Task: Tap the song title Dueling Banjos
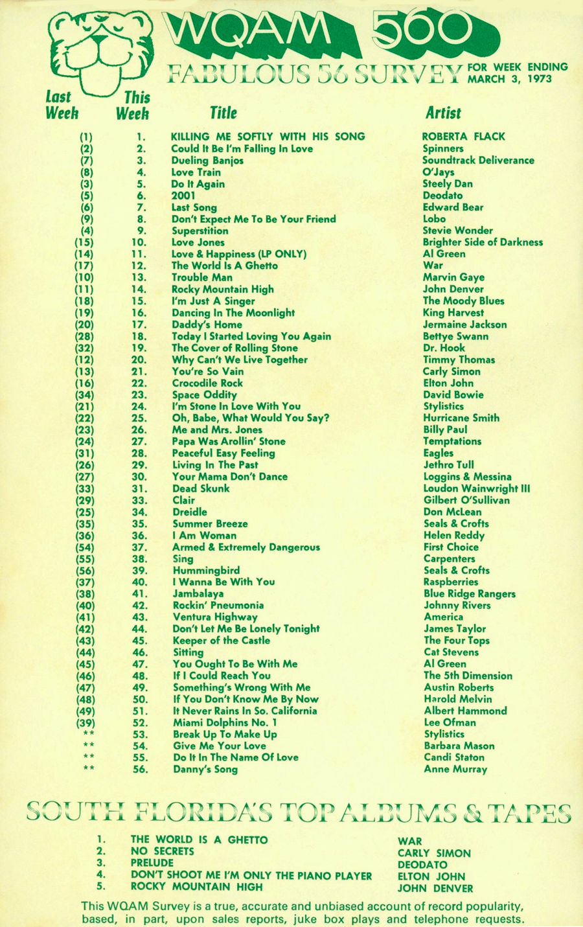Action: (207, 161)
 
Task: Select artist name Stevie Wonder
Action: (457, 231)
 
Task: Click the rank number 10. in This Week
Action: (139, 242)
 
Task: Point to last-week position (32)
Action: (84, 348)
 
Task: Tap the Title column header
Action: (223, 113)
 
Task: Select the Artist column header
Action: (443, 113)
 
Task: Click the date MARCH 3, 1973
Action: (509, 79)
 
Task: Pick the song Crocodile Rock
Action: (207, 383)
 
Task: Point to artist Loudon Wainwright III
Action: (476, 488)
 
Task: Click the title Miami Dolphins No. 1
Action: (225, 722)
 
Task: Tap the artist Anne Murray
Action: (455, 769)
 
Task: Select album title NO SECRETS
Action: (162, 851)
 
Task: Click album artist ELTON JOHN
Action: (431, 876)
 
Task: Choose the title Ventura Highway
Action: (214, 617)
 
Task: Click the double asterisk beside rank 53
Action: (89, 734)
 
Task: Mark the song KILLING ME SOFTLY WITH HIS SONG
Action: (268, 137)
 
